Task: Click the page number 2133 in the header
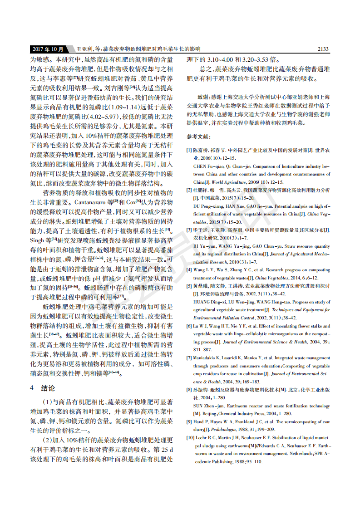pyautogui.click(x=322, y=49)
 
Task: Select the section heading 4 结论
pyautogui.click(x=43, y=388)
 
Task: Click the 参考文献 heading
pyautogui.click(x=198, y=137)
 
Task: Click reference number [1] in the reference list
pyautogui.click(x=189, y=150)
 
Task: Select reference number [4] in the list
pyautogui.click(x=189, y=269)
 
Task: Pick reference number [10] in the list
pyautogui.click(x=191, y=438)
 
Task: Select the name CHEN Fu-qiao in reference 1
pyautogui.click(x=208, y=166)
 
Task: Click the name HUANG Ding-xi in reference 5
pyautogui.click(x=209, y=302)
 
